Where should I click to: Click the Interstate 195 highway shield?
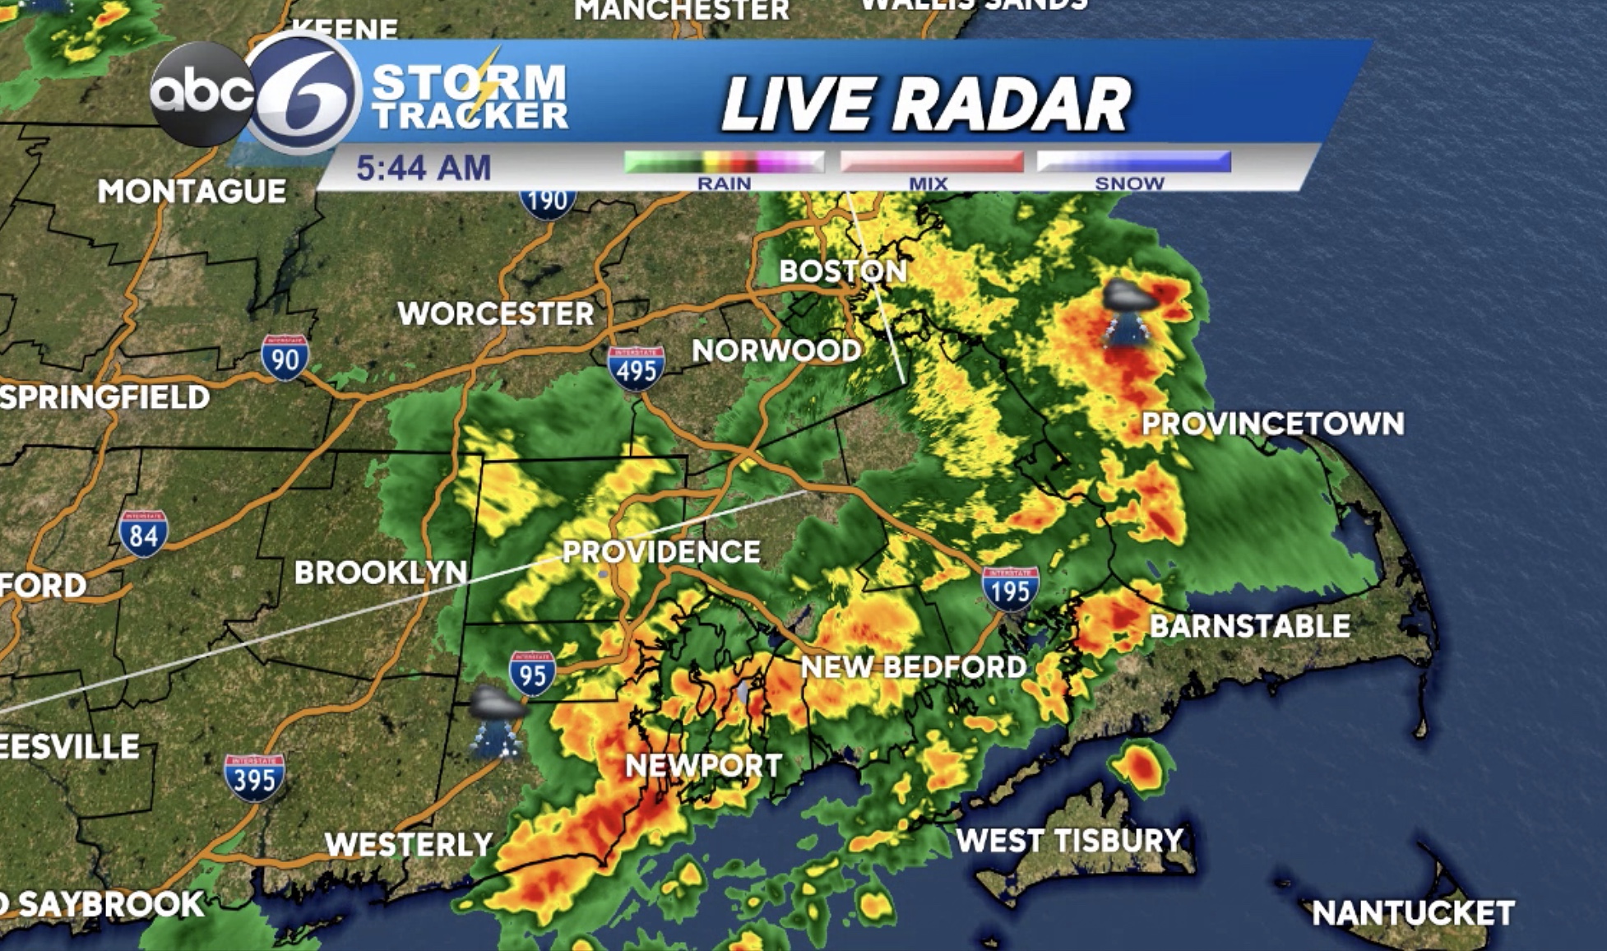click(1010, 588)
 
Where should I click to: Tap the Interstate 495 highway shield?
click(636, 368)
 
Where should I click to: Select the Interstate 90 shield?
click(285, 357)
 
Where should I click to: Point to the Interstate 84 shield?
click(143, 533)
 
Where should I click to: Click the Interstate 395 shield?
click(254, 777)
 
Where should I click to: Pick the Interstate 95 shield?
click(532, 673)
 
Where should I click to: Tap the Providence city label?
click(662, 551)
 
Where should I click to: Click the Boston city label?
click(843, 271)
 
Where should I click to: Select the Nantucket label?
click(1413, 912)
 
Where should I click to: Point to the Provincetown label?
click(1273, 424)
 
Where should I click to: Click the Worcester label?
click(496, 313)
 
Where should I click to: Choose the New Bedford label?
click(914, 666)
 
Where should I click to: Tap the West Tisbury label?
click(1069, 840)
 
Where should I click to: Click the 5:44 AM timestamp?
click(424, 168)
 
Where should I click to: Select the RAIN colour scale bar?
click(724, 161)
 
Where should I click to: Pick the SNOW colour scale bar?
click(1134, 161)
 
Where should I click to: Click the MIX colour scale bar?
click(932, 161)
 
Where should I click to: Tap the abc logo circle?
click(202, 94)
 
